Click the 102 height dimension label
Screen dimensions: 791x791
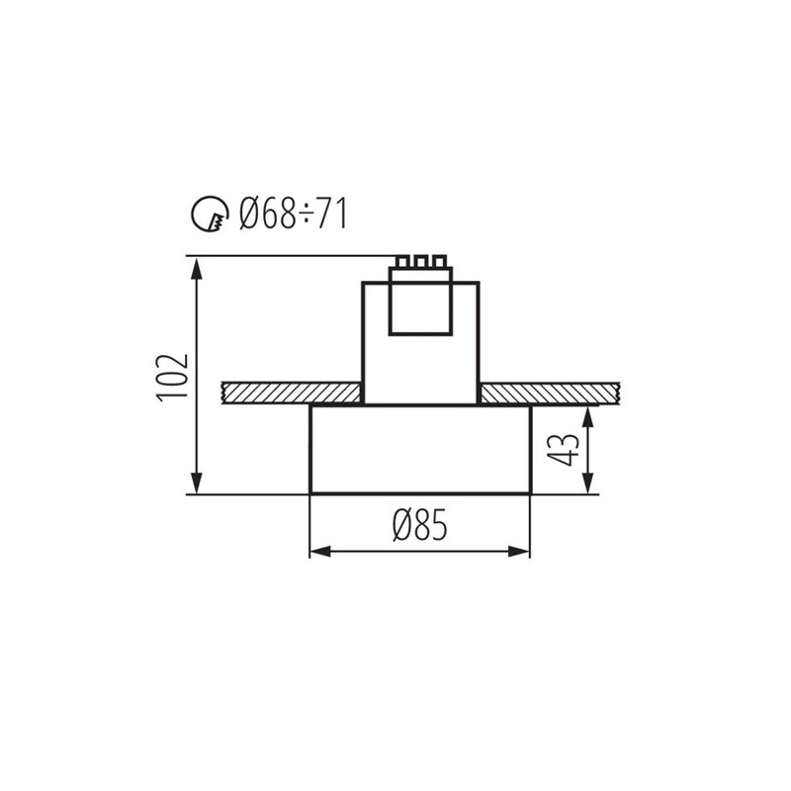[172, 378]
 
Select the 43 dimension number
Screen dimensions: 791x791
[564, 449]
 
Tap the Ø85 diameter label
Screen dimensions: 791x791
[419, 525]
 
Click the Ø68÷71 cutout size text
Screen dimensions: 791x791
[294, 214]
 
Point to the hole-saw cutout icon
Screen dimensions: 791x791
[210, 214]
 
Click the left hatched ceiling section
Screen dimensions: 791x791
[292, 393]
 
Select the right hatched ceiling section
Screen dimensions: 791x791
[549, 393]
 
